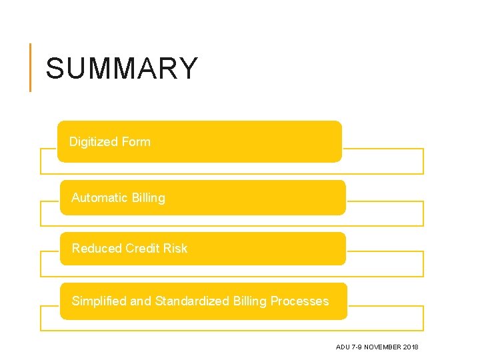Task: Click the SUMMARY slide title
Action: (122, 68)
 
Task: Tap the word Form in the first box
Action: (136, 141)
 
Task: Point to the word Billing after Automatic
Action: (148, 197)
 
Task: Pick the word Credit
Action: (141, 248)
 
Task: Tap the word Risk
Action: (175, 248)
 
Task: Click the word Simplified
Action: (99, 301)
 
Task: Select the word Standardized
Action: (192, 301)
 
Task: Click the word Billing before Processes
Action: (250, 301)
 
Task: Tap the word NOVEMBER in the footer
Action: (383, 347)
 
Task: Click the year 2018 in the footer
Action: (411, 347)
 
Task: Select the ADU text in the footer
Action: (343, 347)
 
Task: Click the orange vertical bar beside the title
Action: (30, 67)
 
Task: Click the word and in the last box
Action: (141, 301)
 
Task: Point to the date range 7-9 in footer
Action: (357, 347)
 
